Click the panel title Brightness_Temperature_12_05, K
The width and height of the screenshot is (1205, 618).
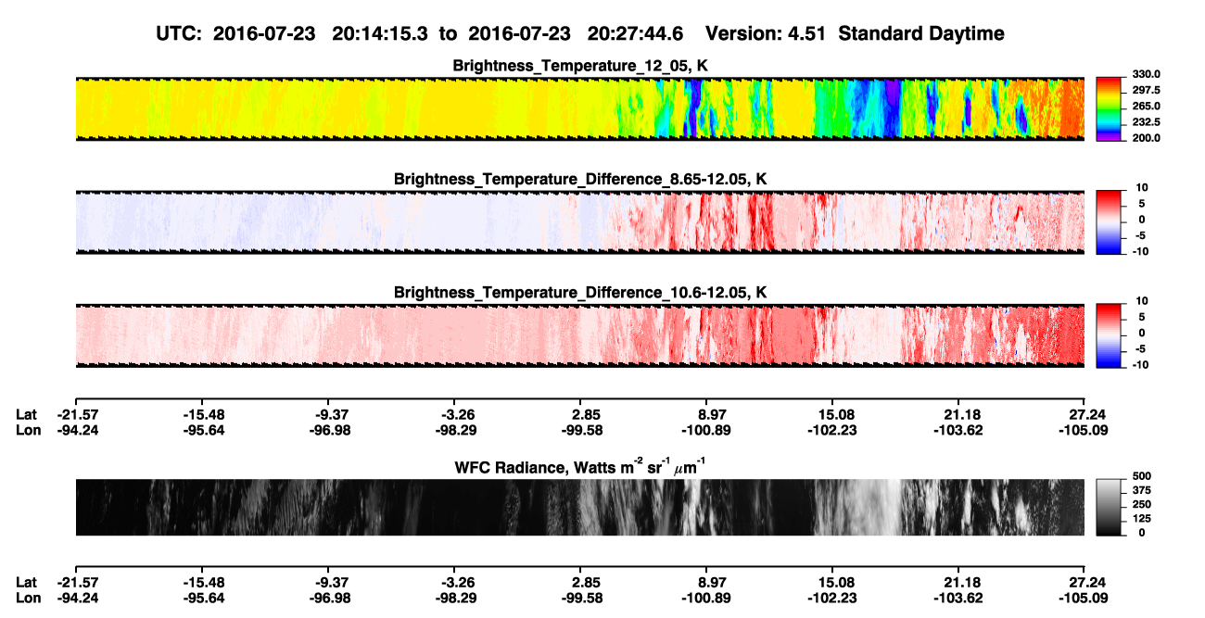(x=580, y=66)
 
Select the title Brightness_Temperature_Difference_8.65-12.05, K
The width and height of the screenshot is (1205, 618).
(x=580, y=179)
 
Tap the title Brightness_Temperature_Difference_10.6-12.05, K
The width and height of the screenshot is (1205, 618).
(x=580, y=293)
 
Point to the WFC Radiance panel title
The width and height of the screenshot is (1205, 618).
(x=580, y=467)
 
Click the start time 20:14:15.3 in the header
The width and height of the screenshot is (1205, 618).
(x=380, y=34)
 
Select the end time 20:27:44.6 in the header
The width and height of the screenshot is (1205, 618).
(x=635, y=34)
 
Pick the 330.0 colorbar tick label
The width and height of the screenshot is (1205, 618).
(x=1146, y=74)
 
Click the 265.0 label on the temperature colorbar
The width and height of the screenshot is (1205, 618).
(x=1146, y=106)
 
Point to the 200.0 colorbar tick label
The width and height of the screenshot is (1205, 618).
(x=1146, y=138)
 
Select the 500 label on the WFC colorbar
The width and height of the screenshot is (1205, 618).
(x=1142, y=476)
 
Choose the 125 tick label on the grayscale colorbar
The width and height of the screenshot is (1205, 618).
(x=1142, y=519)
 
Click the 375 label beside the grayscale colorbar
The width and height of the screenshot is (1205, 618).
(x=1142, y=490)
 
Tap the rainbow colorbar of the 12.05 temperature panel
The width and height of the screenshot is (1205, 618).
(x=1109, y=109)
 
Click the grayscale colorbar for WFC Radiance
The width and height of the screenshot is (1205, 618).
(x=1109, y=507)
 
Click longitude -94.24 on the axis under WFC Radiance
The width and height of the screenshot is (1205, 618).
(x=78, y=598)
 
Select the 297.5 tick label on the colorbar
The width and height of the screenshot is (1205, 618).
(x=1146, y=90)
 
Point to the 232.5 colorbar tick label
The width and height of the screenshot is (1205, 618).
(x=1146, y=122)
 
